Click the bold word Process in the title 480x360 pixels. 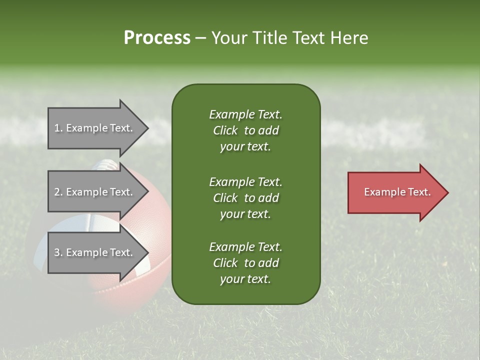click(x=157, y=38)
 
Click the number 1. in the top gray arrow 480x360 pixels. click(x=58, y=128)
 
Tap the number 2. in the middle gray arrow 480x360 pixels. click(x=58, y=192)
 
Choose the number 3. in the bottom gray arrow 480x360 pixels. click(x=58, y=252)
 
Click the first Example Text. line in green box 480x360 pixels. click(x=245, y=114)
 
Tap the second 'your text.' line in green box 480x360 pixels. click(x=245, y=214)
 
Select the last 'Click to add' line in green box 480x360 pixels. click(x=245, y=263)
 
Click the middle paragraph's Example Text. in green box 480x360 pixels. click(x=245, y=182)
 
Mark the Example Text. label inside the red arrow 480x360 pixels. click(x=397, y=192)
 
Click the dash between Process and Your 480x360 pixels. click(x=201, y=38)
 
